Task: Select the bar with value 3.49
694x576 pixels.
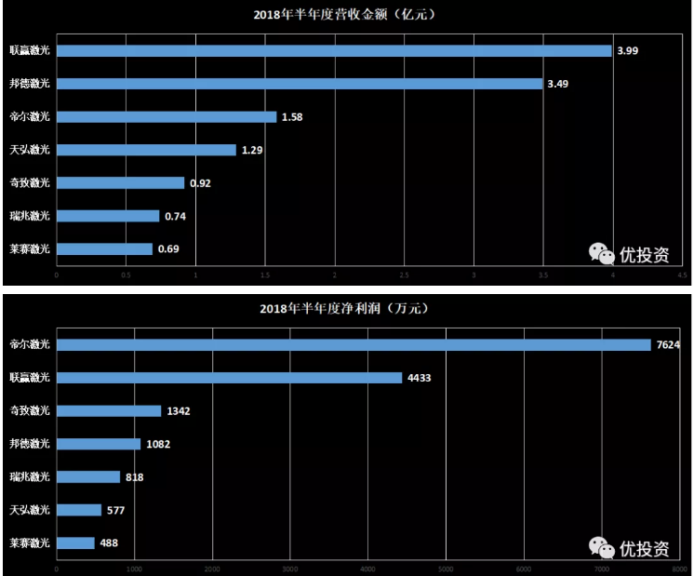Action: (299, 84)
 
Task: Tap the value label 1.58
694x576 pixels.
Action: (293, 117)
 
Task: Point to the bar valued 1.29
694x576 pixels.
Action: (146, 150)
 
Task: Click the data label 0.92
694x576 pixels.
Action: (201, 183)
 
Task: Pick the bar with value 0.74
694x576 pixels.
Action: (108, 216)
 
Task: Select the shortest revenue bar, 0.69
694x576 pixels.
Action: (104, 249)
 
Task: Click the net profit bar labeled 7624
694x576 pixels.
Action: (354, 345)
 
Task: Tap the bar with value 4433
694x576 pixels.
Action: (229, 378)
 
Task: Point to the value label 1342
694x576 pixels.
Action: (180, 411)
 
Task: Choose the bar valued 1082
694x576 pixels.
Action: (99, 444)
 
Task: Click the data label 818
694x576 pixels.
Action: (134, 477)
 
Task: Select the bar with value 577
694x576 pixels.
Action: (79, 510)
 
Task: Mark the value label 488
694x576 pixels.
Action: (110, 543)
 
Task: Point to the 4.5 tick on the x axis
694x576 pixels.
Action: (682, 275)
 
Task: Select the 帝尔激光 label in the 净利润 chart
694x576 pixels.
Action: (29, 345)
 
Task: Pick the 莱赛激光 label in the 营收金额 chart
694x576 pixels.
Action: (29, 249)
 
